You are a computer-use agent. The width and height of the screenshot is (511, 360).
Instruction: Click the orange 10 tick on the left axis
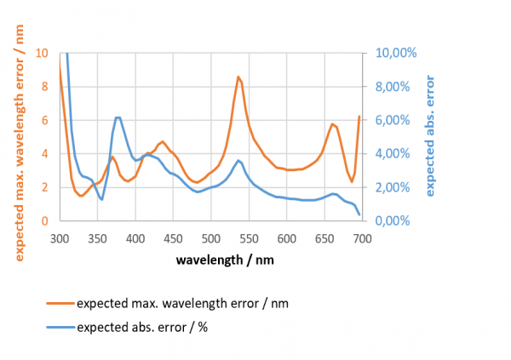coord(43,53)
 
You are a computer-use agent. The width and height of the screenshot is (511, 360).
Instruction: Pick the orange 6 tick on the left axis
coord(45,120)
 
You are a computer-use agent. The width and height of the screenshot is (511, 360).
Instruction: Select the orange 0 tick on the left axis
coord(45,221)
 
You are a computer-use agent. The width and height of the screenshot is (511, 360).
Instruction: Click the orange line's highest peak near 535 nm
coord(239,77)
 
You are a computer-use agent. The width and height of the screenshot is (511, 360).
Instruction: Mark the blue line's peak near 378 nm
coord(118,117)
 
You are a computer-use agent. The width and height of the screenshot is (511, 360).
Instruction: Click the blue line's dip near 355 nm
coord(101,199)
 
